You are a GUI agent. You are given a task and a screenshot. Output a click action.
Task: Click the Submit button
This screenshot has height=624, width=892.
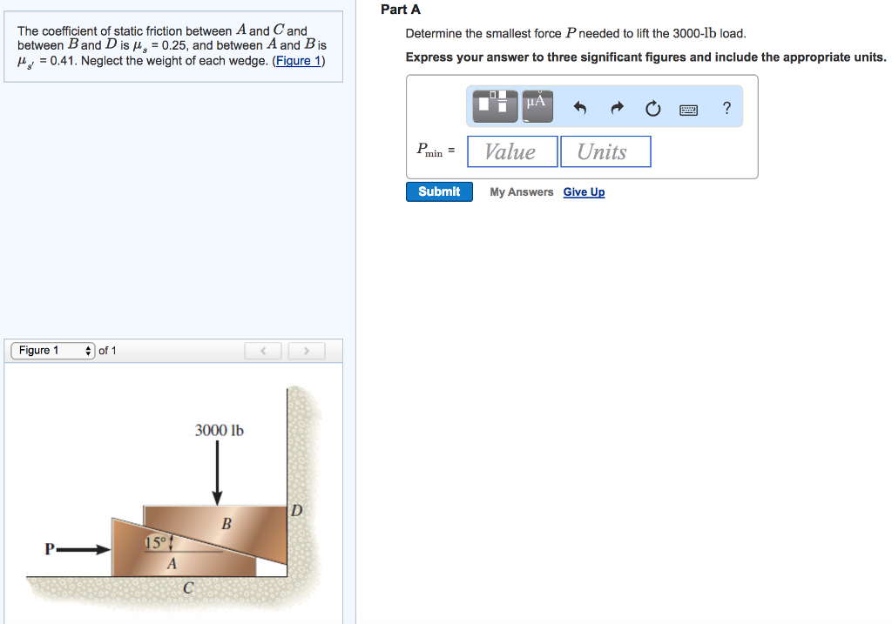pyautogui.click(x=439, y=191)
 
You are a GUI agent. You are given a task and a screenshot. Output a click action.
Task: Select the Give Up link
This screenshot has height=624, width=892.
pyautogui.click(x=584, y=192)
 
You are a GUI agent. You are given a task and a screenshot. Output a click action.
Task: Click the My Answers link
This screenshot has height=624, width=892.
pyautogui.click(x=521, y=192)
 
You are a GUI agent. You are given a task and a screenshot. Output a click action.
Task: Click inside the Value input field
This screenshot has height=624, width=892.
pyautogui.click(x=512, y=151)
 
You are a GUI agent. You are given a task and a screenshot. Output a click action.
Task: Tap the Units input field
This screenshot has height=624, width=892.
pyautogui.click(x=605, y=151)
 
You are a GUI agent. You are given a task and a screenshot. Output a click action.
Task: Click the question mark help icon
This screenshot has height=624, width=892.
pyautogui.click(x=726, y=108)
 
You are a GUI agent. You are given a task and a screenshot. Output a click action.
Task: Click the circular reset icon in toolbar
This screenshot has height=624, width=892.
pyautogui.click(x=653, y=109)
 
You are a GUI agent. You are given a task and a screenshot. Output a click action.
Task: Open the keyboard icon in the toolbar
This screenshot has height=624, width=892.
pyautogui.click(x=689, y=109)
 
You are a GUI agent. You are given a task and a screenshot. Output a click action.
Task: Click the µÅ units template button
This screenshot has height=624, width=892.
pyautogui.click(x=536, y=105)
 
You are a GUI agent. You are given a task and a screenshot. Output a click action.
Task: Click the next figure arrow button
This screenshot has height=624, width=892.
pyautogui.click(x=306, y=351)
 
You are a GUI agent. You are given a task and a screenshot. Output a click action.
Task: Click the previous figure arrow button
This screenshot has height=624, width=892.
pyautogui.click(x=264, y=351)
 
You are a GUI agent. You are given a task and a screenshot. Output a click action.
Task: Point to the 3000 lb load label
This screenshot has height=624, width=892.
pyautogui.click(x=219, y=430)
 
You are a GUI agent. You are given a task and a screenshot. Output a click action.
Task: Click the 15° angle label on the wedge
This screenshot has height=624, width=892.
pyautogui.click(x=155, y=543)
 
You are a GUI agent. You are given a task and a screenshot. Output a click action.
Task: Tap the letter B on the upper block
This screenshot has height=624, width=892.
pyautogui.click(x=226, y=524)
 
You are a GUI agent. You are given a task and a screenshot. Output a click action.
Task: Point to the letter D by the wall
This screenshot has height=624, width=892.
pyautogui.click(x=296, y=511)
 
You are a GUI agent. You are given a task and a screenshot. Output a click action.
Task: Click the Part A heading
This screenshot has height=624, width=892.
pyautogui.click(x=401, y=10)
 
